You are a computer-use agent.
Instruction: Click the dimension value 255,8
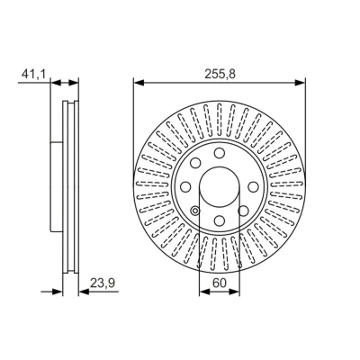[220, 74]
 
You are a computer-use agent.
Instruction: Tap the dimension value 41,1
[33, 74]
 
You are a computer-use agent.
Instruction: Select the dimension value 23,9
[103, 283]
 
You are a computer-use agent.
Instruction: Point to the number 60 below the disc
[220, 283]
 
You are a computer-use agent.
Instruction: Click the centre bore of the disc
[220, 186]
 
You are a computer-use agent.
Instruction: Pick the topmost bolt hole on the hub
[220, 153]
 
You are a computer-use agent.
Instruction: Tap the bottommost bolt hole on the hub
[220, 220]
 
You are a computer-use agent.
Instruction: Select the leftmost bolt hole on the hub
[185, 186]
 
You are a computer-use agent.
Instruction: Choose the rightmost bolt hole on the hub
[254, 186]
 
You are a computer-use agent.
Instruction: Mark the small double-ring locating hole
[195, 211]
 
